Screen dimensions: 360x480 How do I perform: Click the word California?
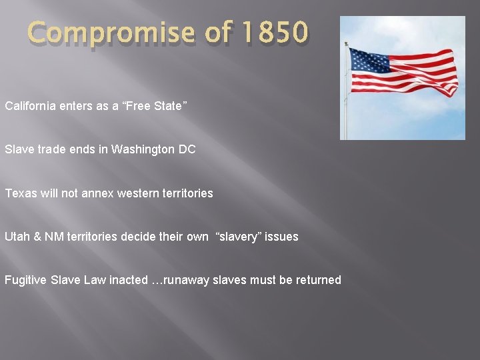coord(31,106)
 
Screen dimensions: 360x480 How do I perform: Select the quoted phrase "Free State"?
coord(156,106)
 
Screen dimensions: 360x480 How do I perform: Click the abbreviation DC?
coord(187,149)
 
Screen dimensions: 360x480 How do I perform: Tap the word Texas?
coord(19,193)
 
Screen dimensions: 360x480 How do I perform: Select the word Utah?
coord(16,237)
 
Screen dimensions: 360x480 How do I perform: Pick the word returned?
coord(317,280)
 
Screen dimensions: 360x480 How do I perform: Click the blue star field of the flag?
coord(369,60)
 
